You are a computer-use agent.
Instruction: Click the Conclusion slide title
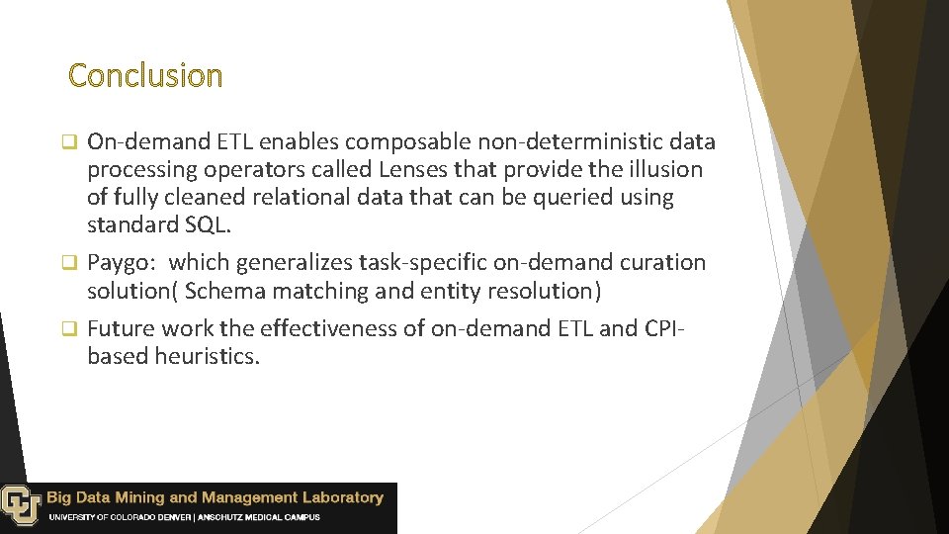tap(145, 75)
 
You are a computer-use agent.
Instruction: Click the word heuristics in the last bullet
tap(207, 356)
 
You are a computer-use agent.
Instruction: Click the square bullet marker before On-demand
tap(70, 142)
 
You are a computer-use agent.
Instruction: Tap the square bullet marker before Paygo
tap(70, 263)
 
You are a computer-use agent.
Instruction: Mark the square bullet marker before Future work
tap(70, 328)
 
